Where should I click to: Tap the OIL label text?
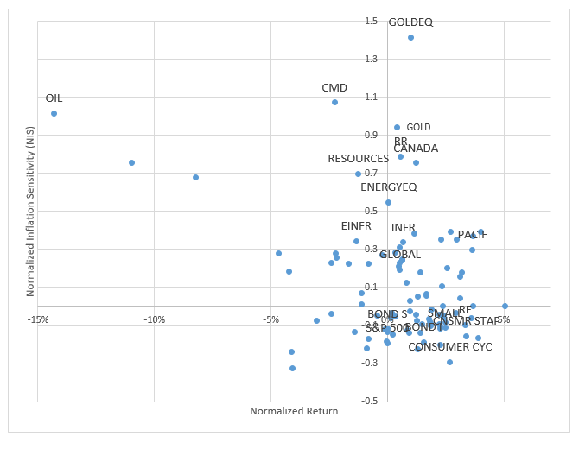coord(54,98)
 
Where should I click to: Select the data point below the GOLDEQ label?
coord(411,38)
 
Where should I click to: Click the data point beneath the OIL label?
coord(54,114)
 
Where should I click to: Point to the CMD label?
coord(334,88)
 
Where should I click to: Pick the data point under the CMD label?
coord(334,103)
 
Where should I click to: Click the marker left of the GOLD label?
coord(398,128)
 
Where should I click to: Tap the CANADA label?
coord(416,149)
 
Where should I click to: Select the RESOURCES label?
coord(359,159)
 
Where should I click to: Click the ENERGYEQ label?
coord(389,187)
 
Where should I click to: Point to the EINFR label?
coord(356,226)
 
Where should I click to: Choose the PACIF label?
coord(473,235)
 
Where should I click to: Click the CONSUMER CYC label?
coord(450,347)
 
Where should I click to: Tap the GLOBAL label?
coord(400,255)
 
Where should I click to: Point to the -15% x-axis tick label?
coord(38,320)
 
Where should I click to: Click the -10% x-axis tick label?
coord(154,320)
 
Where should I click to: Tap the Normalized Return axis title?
coord(294,411)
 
